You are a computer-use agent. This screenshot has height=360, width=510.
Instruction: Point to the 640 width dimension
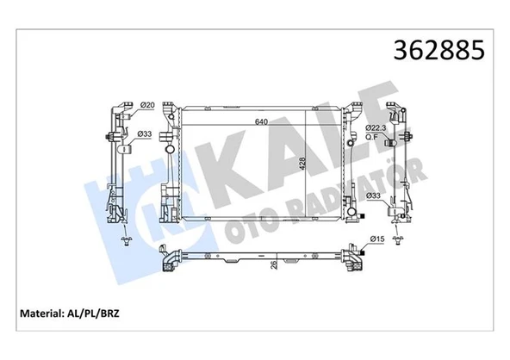tap(259, 121)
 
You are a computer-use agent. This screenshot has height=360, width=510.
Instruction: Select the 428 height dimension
tap(303, 165)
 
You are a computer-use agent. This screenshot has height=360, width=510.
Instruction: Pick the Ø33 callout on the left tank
tap(146, 133)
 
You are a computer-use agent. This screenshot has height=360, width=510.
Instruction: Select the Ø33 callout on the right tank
tap(375, 196)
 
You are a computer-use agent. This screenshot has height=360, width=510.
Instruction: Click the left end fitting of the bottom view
tap(171, 258)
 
